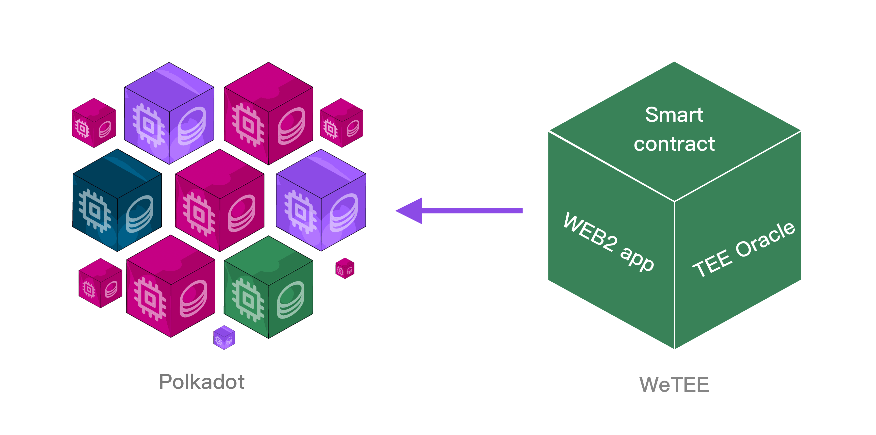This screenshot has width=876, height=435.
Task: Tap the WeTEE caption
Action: [674, 384]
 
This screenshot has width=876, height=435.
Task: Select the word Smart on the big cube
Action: [674, 115]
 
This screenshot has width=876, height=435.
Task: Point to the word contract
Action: [674, 144]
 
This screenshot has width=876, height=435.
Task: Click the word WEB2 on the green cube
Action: [590, 233]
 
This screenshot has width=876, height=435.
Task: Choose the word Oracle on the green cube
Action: [765, 240]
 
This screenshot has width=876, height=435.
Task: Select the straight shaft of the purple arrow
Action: [473, 211]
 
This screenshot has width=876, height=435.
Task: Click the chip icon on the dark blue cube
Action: [95, 211]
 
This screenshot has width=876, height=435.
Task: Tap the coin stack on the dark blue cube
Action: [139, 214]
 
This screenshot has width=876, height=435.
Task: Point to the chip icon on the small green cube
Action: [248, 300]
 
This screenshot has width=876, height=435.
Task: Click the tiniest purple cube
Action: [224, 337]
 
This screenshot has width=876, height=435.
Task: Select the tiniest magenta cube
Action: [345, 268]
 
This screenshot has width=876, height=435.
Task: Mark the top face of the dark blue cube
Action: [117, 174]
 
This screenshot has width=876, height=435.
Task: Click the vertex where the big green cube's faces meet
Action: [675, 201]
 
